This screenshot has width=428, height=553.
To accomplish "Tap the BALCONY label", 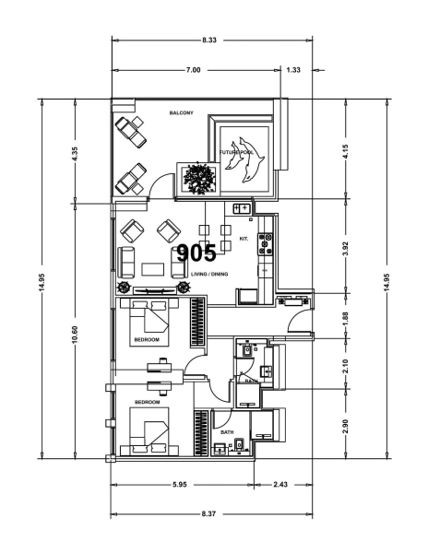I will pyautogui.click(x=181, y=113).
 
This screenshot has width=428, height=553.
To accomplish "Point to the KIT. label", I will pyautogui.click(x=244, y=238).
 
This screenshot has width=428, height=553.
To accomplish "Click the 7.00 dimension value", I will pyautogui.click(x=193, y=70).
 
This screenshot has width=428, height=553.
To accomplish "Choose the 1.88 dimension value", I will pyautogui.click(x=345, y=316).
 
